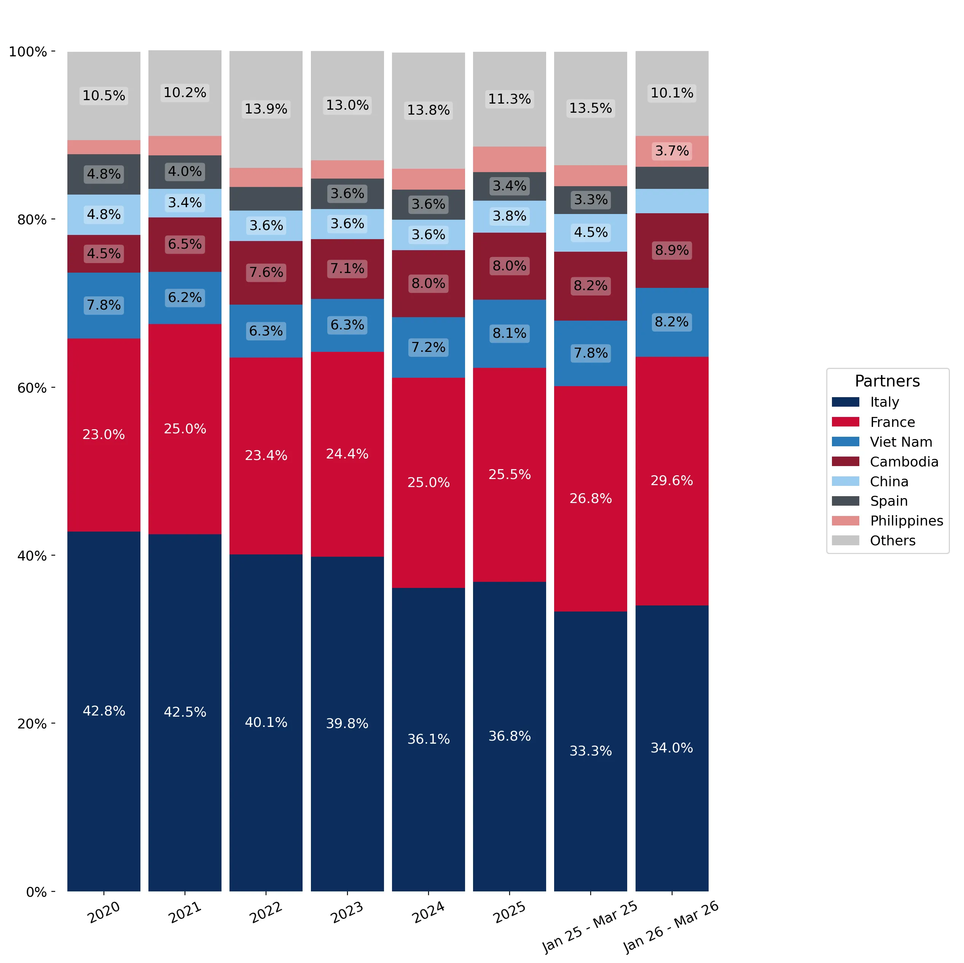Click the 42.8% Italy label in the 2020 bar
[x=104, y=711]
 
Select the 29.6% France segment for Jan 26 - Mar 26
[x=672, y=481]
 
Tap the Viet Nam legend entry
[x=882, y=442]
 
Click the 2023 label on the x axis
[x=347, y=912]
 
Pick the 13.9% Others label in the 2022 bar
[x=266, y=109]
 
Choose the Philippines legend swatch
[x=845, y=521]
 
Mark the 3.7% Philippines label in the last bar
[x=672, y=151]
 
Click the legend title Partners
[x=887, y=381]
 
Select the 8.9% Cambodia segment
[x=672, y=251]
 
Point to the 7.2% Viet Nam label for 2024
[x=428, y=347]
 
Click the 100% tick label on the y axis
[x=28, y=52]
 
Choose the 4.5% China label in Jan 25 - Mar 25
[x=590, y=233]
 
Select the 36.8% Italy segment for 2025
[x=510, y=736]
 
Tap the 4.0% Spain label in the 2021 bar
[x=185, y=172]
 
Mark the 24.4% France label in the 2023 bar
[x=347, y=454]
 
